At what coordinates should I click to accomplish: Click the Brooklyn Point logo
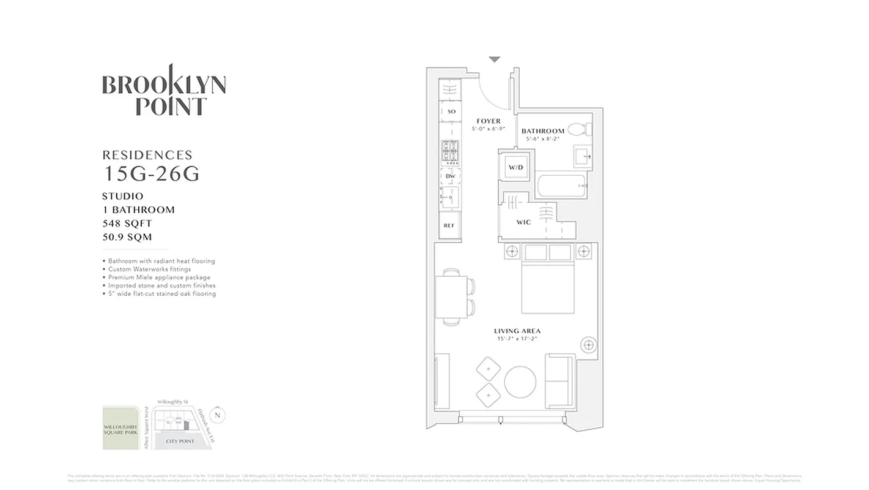[163, 91]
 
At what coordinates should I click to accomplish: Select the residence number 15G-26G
[152, 175]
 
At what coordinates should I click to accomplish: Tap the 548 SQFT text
[127, 224]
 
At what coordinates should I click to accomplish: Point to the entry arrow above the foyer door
[494, 59]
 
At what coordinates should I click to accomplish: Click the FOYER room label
[489, 121]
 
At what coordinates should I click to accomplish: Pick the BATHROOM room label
[542, 131]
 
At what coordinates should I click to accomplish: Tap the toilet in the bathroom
[577, 130]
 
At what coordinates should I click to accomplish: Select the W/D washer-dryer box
[515, 167]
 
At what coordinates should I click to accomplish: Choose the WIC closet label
[523, 222]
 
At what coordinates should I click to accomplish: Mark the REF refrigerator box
[449, 225]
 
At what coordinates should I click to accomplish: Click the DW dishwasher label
[450, 176]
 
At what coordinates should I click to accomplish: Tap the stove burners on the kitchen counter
[450, 152]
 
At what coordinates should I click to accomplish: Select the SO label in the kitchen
[451, 111]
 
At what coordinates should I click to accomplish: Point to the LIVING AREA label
[517, 331]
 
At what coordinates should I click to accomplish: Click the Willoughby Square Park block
[120, 428]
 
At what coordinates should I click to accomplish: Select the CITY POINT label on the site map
[180, 441]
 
